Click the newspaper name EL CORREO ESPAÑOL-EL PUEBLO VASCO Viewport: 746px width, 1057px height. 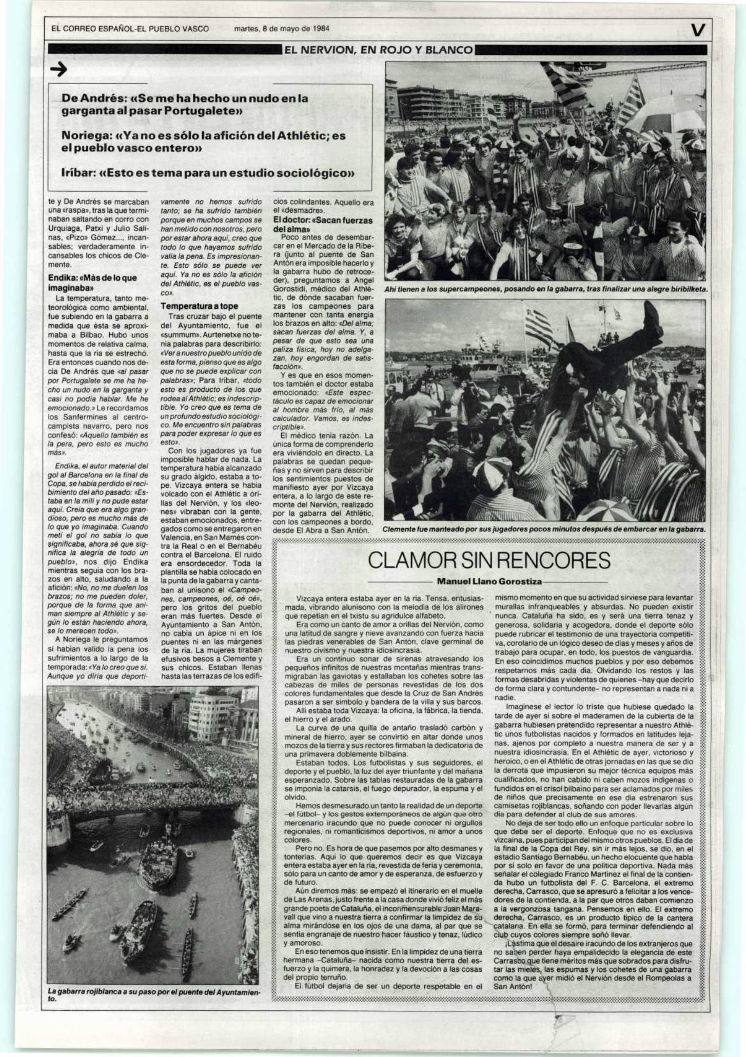click(x=130, y=29)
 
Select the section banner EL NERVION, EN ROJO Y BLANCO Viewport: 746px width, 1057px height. click(x=379, y=50)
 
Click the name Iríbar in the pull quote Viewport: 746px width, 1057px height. click(x=79, y=173)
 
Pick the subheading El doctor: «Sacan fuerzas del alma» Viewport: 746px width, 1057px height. click(x=323, y=224)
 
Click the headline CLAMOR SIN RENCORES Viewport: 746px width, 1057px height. click(x=489, y=561)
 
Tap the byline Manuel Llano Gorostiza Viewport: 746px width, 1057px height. click(x=489, y=582)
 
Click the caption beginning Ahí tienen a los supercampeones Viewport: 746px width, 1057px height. click(x=546, y=289)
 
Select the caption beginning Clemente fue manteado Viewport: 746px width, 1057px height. click(x=544, y=529)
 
